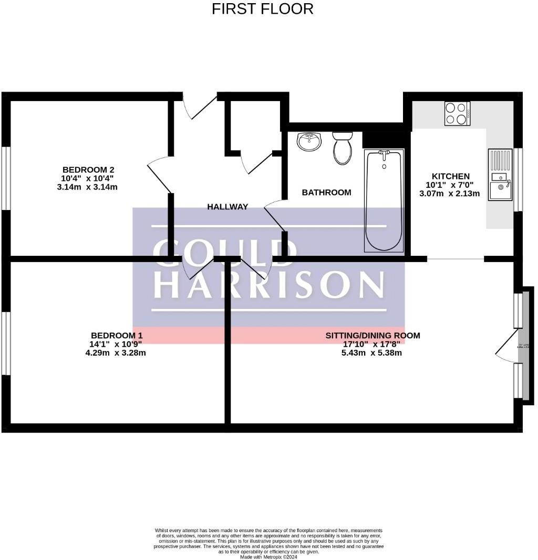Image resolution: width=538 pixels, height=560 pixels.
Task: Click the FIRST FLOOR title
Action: (263, 9)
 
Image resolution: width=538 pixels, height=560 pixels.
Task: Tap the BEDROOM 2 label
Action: (88, 169)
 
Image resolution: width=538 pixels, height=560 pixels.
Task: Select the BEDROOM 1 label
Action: (117, 335)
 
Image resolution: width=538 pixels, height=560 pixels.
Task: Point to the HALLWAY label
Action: (227, 207)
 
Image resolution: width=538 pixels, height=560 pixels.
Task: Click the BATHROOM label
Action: (326, 193)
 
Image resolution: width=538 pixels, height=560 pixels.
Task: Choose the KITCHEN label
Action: (450, 176)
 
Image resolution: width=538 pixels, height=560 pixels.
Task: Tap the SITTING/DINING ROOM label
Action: (373, 335)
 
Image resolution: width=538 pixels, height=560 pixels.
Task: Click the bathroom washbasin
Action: (309, 141)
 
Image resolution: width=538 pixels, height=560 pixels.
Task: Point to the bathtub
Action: (384, 201)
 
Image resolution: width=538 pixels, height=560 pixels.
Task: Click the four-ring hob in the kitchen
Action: (457, 113)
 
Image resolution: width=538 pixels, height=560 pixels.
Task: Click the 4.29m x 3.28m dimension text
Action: (116, 353)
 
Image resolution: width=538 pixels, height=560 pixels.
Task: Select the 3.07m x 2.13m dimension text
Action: (449, 193)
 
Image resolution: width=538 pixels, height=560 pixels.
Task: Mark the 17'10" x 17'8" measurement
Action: (371, 344)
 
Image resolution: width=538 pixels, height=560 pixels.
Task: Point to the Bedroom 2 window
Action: (6, 178)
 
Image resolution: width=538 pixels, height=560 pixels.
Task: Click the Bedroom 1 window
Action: (6, 343)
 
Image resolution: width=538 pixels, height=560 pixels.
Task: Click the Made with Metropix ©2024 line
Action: (268, 556)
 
